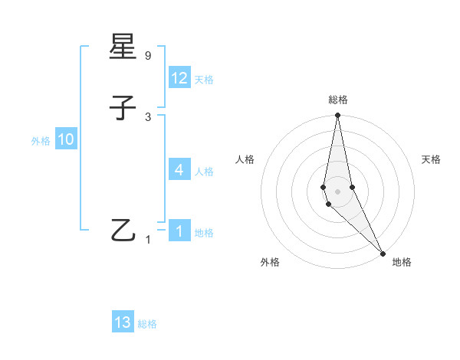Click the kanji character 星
coord(123,48)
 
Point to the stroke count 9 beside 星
coord(148,56)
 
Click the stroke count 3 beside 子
coord(148,116)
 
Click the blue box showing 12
coord(179,78)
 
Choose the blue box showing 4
coord(179,170)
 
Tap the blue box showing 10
coord(66,139)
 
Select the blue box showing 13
coord(123,322)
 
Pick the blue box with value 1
coord(179,231)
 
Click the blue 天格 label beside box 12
coord(204,80)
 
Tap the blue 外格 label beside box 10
coord(41,141)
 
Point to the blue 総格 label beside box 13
coord(147,324)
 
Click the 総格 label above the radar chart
coord(338,100)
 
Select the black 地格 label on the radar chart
coord(402,262)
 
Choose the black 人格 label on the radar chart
coord(245,159)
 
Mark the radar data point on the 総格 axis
coord(338,116)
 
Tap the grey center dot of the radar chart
coord(338,191)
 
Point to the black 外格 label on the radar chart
coord(270,262)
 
